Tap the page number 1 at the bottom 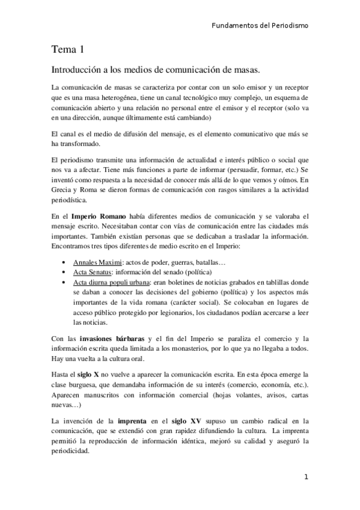click(306, 478)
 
